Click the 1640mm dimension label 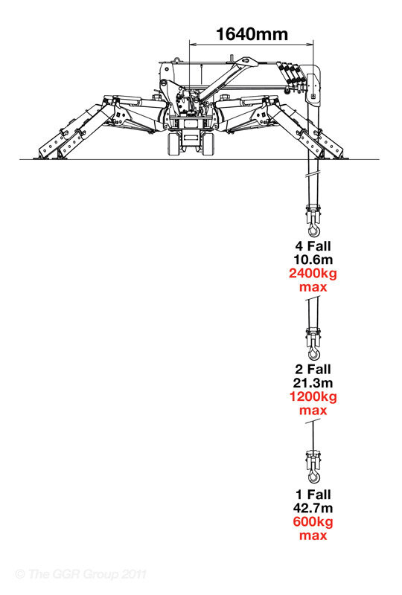(252, 34)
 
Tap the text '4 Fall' (313, 246)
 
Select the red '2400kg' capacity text (313, 273)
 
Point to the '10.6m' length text (313, 260)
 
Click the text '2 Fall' (313, 369)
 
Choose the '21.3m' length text (313, 383)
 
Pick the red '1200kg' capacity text (313, 396)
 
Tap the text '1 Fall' (313, 495)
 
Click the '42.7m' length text (313, 508)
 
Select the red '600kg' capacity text (313, 522)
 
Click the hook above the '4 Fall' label (313, 230)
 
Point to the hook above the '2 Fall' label (313, 353)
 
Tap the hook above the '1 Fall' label (313, 475)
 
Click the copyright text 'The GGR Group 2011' (87, 573)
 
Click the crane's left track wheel (173, 144)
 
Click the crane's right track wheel (208, 144)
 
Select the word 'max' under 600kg (313, 535)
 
